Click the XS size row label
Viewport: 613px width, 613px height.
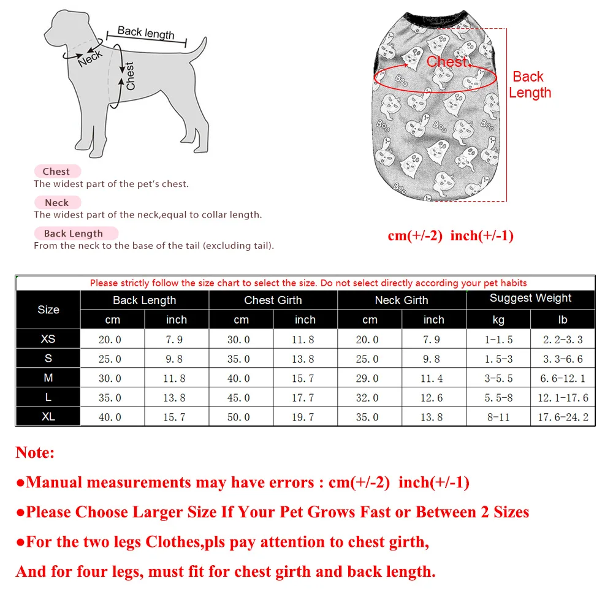pos(48,339)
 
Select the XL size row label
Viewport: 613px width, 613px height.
pos(48,417)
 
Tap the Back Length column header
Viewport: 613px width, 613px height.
pos(144,300)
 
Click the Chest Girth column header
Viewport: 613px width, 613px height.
pos(273,300)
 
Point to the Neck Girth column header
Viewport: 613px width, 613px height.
pos(402,300)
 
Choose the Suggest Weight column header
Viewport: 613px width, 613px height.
pos(530,299)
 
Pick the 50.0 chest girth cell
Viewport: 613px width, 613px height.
pos(238,417)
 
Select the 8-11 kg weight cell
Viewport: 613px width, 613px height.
pos(498,417)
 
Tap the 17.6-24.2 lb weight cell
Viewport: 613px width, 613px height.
pos(563,417)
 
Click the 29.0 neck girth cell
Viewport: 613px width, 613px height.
pos(367,378)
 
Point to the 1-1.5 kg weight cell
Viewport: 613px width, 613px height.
pos(498,340)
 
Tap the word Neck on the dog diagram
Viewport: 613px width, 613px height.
pos(90,58)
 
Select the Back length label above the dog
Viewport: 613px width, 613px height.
pos(146,32)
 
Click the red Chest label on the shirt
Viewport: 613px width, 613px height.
pos(447,62)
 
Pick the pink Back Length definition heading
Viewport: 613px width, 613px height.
pos(74,234)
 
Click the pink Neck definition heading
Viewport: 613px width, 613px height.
pos(57,202)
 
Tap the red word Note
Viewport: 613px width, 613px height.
pos(35,453)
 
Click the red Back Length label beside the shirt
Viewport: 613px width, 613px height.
pos(530,85)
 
